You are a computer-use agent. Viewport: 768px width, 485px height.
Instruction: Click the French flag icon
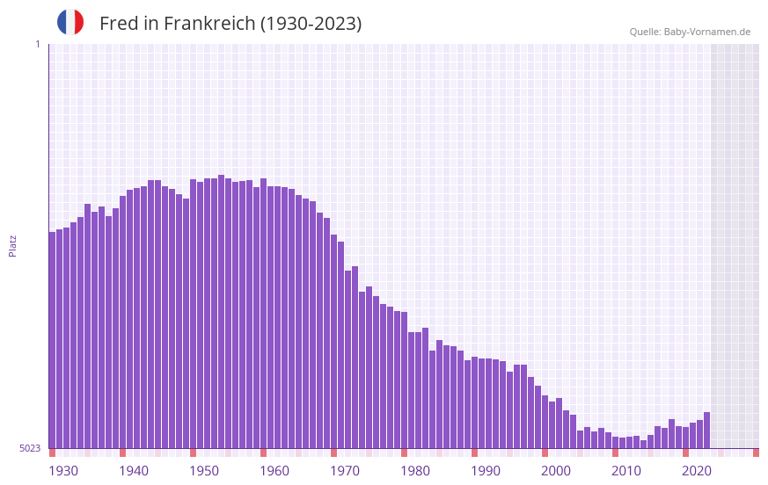70,22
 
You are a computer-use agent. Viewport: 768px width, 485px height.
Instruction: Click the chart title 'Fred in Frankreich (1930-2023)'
230,24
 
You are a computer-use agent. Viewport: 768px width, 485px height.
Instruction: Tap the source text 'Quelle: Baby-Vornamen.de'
690,32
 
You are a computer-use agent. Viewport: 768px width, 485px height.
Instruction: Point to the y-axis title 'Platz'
12,245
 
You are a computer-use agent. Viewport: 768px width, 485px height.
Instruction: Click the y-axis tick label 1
37,44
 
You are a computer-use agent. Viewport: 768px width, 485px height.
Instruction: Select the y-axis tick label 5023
30,448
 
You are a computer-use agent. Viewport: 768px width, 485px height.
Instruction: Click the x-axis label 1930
63,470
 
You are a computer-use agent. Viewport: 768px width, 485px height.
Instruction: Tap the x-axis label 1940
134,470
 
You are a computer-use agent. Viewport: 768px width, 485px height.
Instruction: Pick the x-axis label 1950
204,470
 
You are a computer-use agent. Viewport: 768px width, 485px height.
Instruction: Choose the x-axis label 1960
274,470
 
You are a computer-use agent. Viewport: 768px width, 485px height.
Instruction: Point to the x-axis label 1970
345,470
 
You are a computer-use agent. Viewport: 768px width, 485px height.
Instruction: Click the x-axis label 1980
415,470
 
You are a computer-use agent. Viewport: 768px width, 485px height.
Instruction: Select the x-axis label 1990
486,470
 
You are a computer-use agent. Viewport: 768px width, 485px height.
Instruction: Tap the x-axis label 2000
556,470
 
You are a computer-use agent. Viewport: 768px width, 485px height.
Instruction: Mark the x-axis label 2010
626,470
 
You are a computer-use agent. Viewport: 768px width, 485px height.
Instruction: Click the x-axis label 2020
697,470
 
